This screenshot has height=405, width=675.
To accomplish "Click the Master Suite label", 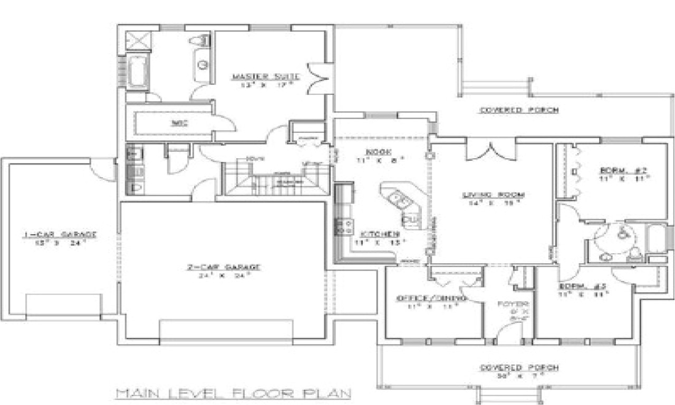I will [x=266, y=77].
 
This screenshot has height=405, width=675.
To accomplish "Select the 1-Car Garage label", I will [x=59, y=234].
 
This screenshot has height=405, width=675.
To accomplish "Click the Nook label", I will [x=378, y=152].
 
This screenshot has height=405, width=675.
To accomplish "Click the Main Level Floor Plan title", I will [x=233, y=393].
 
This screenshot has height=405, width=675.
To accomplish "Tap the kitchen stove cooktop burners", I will [x=345, y=227].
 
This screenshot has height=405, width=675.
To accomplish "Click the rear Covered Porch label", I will [x=518, y=110].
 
